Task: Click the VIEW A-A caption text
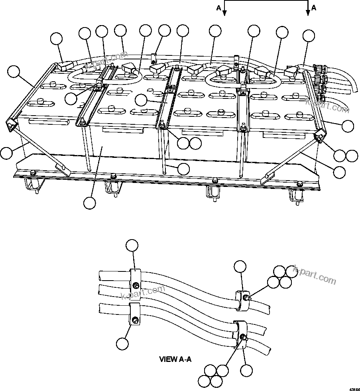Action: click(x=175, y=359)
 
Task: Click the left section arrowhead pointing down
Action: click(x=224, y=13)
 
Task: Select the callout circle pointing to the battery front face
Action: click(x=90, y=202)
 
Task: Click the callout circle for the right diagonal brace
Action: click(x=340, y=172)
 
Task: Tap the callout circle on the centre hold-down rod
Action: click(x=183, y=169)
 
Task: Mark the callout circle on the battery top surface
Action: click(x=141, y=100)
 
